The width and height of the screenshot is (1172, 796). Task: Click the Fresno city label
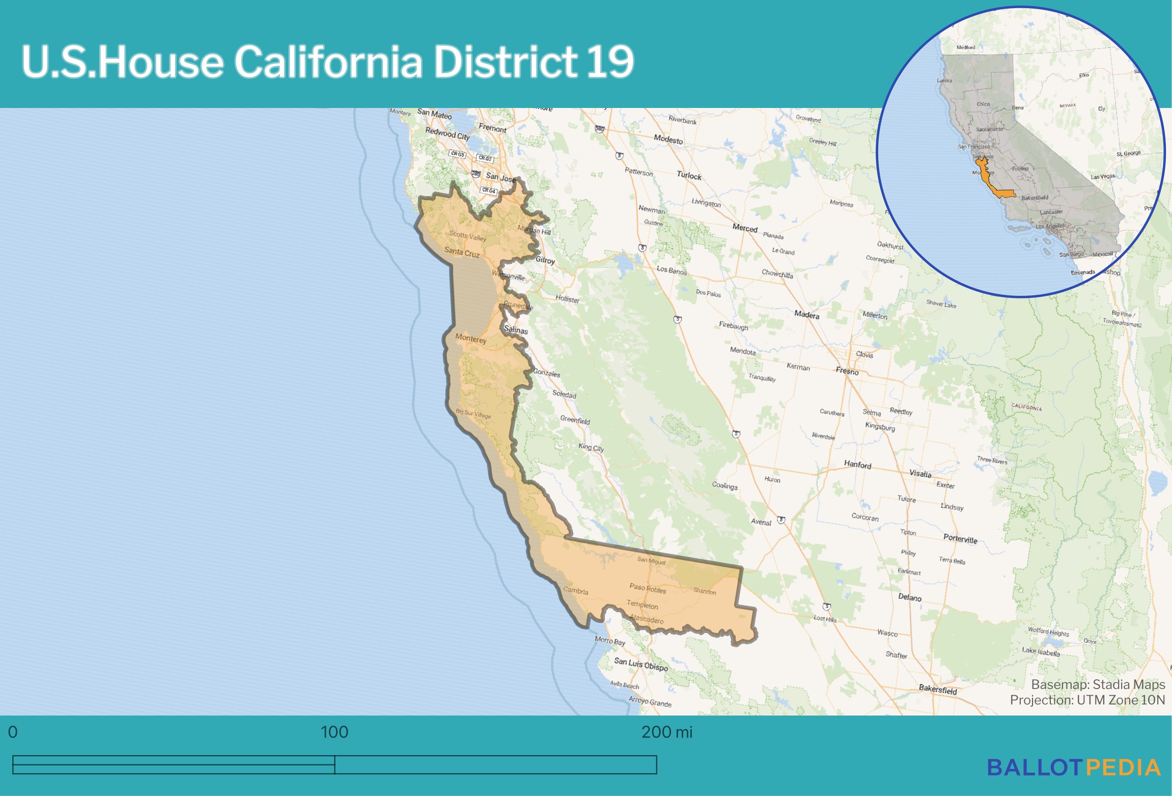click(847, 371)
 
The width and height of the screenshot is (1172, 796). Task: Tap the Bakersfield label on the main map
click(938, 690)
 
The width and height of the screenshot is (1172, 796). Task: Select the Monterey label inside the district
click(470, 338)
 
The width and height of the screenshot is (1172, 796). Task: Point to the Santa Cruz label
click(462, 252)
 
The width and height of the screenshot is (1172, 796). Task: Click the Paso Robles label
click(648, 588)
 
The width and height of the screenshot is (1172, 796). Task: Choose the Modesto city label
click(668, 139)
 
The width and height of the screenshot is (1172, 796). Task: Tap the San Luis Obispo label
click(641, 664)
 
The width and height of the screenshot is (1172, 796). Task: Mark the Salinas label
click(516, 330)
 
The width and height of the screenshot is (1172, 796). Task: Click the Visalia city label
click(920, 474)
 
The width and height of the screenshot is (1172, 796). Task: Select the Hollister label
click(567, 299)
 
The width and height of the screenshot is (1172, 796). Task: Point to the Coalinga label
click(724, 485)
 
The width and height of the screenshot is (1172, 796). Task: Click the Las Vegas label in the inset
click(1102, 177)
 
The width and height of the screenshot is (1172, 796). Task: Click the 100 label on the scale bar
click(334, 732)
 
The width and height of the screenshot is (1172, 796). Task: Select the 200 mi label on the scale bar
click(666, 732)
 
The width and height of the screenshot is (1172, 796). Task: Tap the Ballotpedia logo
click(1074, 767)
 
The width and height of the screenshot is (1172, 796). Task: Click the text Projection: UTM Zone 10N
click(1087, 700)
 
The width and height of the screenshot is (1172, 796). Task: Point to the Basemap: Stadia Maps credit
click(1098, 684)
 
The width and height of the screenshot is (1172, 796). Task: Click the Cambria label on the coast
click(575, 591)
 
